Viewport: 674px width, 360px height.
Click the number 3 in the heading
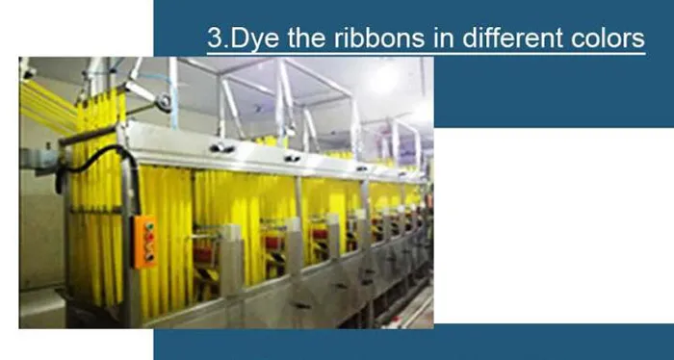215,39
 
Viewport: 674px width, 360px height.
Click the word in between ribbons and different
438,39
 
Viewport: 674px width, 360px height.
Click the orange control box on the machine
144,241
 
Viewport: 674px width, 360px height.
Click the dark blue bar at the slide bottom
414,343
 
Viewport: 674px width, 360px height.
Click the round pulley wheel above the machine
166,97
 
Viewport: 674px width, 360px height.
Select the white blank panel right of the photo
553,221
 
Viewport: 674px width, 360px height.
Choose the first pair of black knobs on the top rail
221,147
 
